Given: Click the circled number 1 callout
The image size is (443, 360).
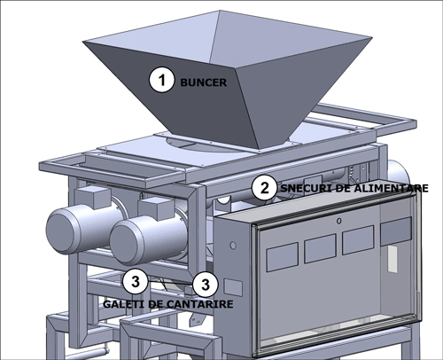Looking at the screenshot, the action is click(x=161, y=80).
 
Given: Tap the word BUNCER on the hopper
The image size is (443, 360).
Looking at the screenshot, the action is click(x=204, y=82).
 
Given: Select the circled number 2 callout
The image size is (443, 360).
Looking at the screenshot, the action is click(x=265, y=188).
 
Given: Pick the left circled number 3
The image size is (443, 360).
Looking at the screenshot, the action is click(x=136, y=281).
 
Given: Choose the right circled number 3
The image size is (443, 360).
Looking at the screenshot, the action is click(x=206, y=285).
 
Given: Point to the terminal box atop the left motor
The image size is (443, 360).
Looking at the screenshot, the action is click(x=92, y=196).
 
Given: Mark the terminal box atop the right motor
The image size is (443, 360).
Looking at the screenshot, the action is click(x=157, y=207).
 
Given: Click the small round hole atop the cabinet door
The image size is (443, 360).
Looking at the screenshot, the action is click(x=339, y=221).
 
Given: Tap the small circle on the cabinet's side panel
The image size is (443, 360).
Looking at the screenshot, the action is click(x=233, y=246).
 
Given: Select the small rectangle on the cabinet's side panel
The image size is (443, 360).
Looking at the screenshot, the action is click(x=233, y=287).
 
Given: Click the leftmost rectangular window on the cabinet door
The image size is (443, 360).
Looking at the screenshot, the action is click(x=283, y=257).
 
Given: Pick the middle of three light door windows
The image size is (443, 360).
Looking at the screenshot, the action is click(x=320, y=248).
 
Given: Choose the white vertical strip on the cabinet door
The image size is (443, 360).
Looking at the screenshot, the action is click(x=392, y=259).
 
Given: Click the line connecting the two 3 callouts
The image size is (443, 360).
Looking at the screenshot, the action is click(x=170, y=283).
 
